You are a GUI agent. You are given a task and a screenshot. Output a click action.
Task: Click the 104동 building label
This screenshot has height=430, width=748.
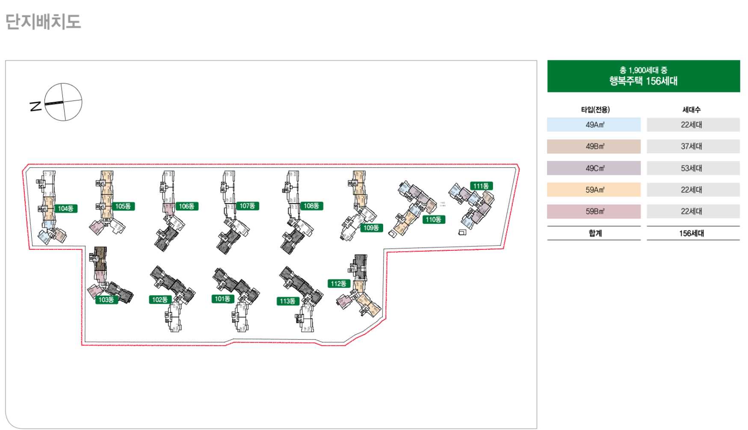pos(65,208)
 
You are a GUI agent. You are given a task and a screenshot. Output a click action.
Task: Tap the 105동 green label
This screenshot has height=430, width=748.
pos(123,206)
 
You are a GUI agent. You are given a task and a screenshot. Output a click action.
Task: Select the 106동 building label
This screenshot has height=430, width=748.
pos(187,206)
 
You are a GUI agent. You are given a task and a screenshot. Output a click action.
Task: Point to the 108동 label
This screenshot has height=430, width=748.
pos(311,206)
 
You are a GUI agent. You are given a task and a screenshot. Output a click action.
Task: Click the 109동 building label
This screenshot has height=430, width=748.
pos(371,228)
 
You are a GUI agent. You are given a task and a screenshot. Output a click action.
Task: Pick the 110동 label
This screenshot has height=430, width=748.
pos(433,219)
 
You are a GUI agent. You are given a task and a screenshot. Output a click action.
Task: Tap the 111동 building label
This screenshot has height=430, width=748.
pos(481,186)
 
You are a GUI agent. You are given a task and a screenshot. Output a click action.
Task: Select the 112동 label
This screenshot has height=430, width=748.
pos(339,283)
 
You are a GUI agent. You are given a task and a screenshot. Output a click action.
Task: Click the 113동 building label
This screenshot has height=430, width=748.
pos(288,301)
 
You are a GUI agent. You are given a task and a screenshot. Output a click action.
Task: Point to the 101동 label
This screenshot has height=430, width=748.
pos(222,299)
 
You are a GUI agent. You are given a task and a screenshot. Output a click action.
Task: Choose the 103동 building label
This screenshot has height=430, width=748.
pos(106,300)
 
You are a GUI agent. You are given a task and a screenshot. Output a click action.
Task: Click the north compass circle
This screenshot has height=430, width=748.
pos(63,102)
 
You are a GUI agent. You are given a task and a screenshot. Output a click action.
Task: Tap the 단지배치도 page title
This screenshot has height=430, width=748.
pos(43,21)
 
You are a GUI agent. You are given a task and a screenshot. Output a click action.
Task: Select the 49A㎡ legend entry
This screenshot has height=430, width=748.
pos(594,125)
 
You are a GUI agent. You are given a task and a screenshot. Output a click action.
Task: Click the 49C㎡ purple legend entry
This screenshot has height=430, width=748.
pos(594,168)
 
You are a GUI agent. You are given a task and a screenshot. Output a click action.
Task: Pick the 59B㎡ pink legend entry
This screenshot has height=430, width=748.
pos(594,211)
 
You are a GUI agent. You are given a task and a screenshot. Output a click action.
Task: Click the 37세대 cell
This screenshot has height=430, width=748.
pos(692,146)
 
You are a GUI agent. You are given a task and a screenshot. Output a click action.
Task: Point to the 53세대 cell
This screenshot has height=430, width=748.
pos(692,168)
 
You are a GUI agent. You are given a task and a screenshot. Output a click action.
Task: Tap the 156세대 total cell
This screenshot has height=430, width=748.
pos(692,233)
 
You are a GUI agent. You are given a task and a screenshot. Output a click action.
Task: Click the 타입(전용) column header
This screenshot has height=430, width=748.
pos(595,110)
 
